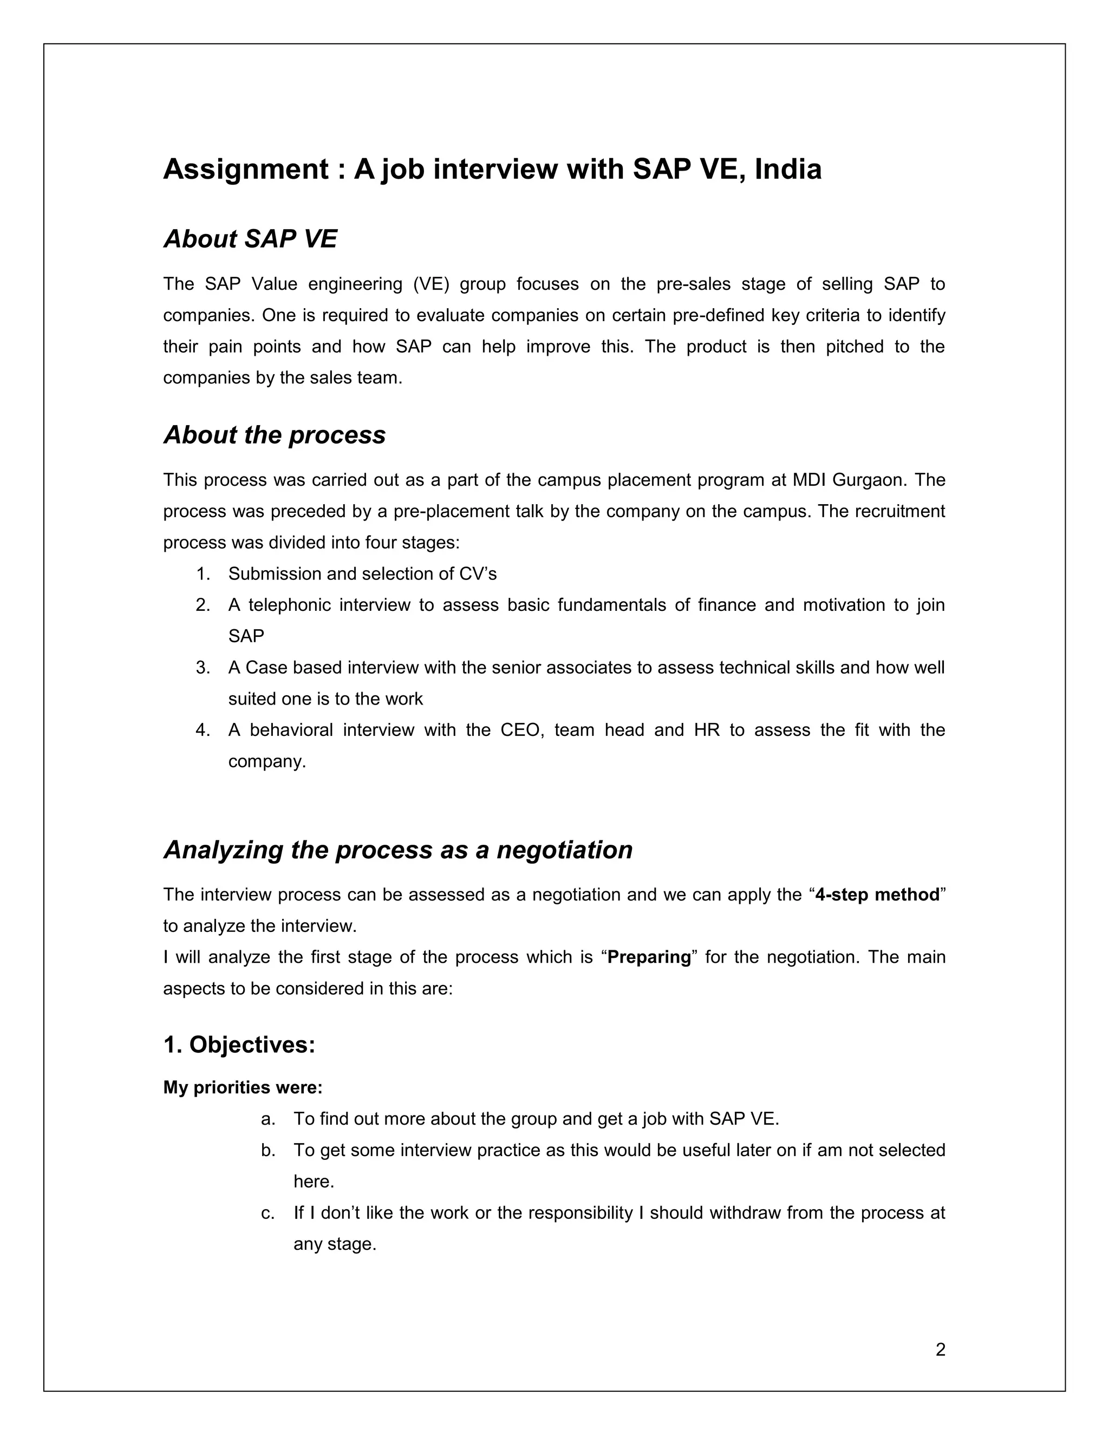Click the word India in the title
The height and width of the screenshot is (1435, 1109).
pyautogui.click(x=788, y=169)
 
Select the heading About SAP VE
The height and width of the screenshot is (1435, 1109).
pyautogui.click(x=250, y=239)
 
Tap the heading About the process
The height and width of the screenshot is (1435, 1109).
pyautogui.click(x=274, y=435)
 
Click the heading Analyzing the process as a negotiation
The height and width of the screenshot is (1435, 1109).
pyautogui.click(x=397, y=850)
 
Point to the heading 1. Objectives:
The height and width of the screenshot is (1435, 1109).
pyautogui.click(x=239, y=1044)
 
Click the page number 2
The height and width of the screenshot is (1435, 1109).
pyautogui.click(x=940, y=1349)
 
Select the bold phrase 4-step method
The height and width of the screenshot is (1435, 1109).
pyautogui.click(x=877, y=895)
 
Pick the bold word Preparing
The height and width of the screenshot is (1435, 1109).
pyautogui.click(x=649, y=957)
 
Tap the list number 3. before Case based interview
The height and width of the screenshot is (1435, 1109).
pyautogui.click(x=203, y=668)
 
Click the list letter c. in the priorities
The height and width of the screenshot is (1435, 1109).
pyautogui.click(x=268, y=1213)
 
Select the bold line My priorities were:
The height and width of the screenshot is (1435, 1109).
pyautogui.click(x=243, y=1087)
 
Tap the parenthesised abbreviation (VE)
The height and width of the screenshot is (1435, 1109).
pyautogui.click(x=431, y=284)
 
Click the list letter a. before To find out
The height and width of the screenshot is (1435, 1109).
pyautogui.click(x=268, y=1119)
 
